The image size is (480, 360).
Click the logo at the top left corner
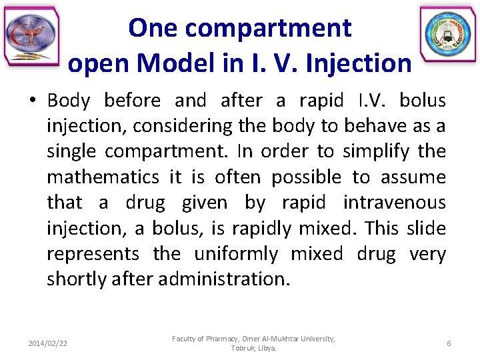tap(31, 37)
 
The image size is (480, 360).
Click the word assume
tap(417, 177)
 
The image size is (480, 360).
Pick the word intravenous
tap(394, 203)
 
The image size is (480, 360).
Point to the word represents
tap(93, 254)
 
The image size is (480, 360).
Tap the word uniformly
tap(236, 254)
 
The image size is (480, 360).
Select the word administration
tap(223, 279)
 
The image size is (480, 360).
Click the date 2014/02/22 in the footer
tap(47, 343)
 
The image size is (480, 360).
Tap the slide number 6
tap(449, 343)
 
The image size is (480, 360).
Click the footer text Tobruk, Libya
tap(253, 349)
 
